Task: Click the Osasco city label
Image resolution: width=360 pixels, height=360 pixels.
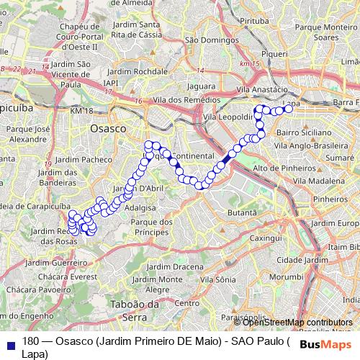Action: tap(107, 127)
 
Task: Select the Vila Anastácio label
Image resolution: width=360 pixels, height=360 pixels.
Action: tap(266, 89)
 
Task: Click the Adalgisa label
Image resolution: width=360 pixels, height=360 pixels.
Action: tap(139, 207)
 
